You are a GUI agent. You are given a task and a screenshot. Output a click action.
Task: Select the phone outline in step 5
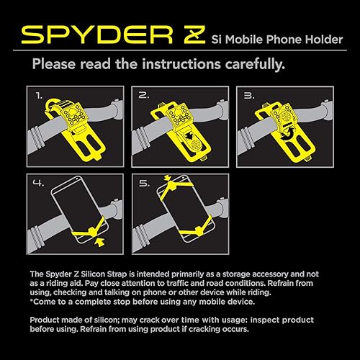(x=180, y=216)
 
